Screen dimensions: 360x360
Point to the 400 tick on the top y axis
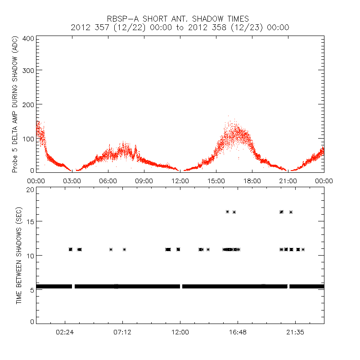tap(28, 38)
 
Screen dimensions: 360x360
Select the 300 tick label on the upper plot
tap(28, 70)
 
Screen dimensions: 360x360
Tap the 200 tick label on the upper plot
tap(28, 104)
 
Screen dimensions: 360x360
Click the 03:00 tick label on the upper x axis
tap(72, 180)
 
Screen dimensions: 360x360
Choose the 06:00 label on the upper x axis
tap(108, 180)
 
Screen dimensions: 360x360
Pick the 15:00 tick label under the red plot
tap(216, 180)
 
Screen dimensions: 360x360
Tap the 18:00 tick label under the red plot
tap(252, 180)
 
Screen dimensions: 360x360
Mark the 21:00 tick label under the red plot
tap(288, 180)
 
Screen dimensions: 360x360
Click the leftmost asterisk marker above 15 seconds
tap(227, 211)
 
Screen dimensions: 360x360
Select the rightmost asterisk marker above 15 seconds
tap(291, 212)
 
